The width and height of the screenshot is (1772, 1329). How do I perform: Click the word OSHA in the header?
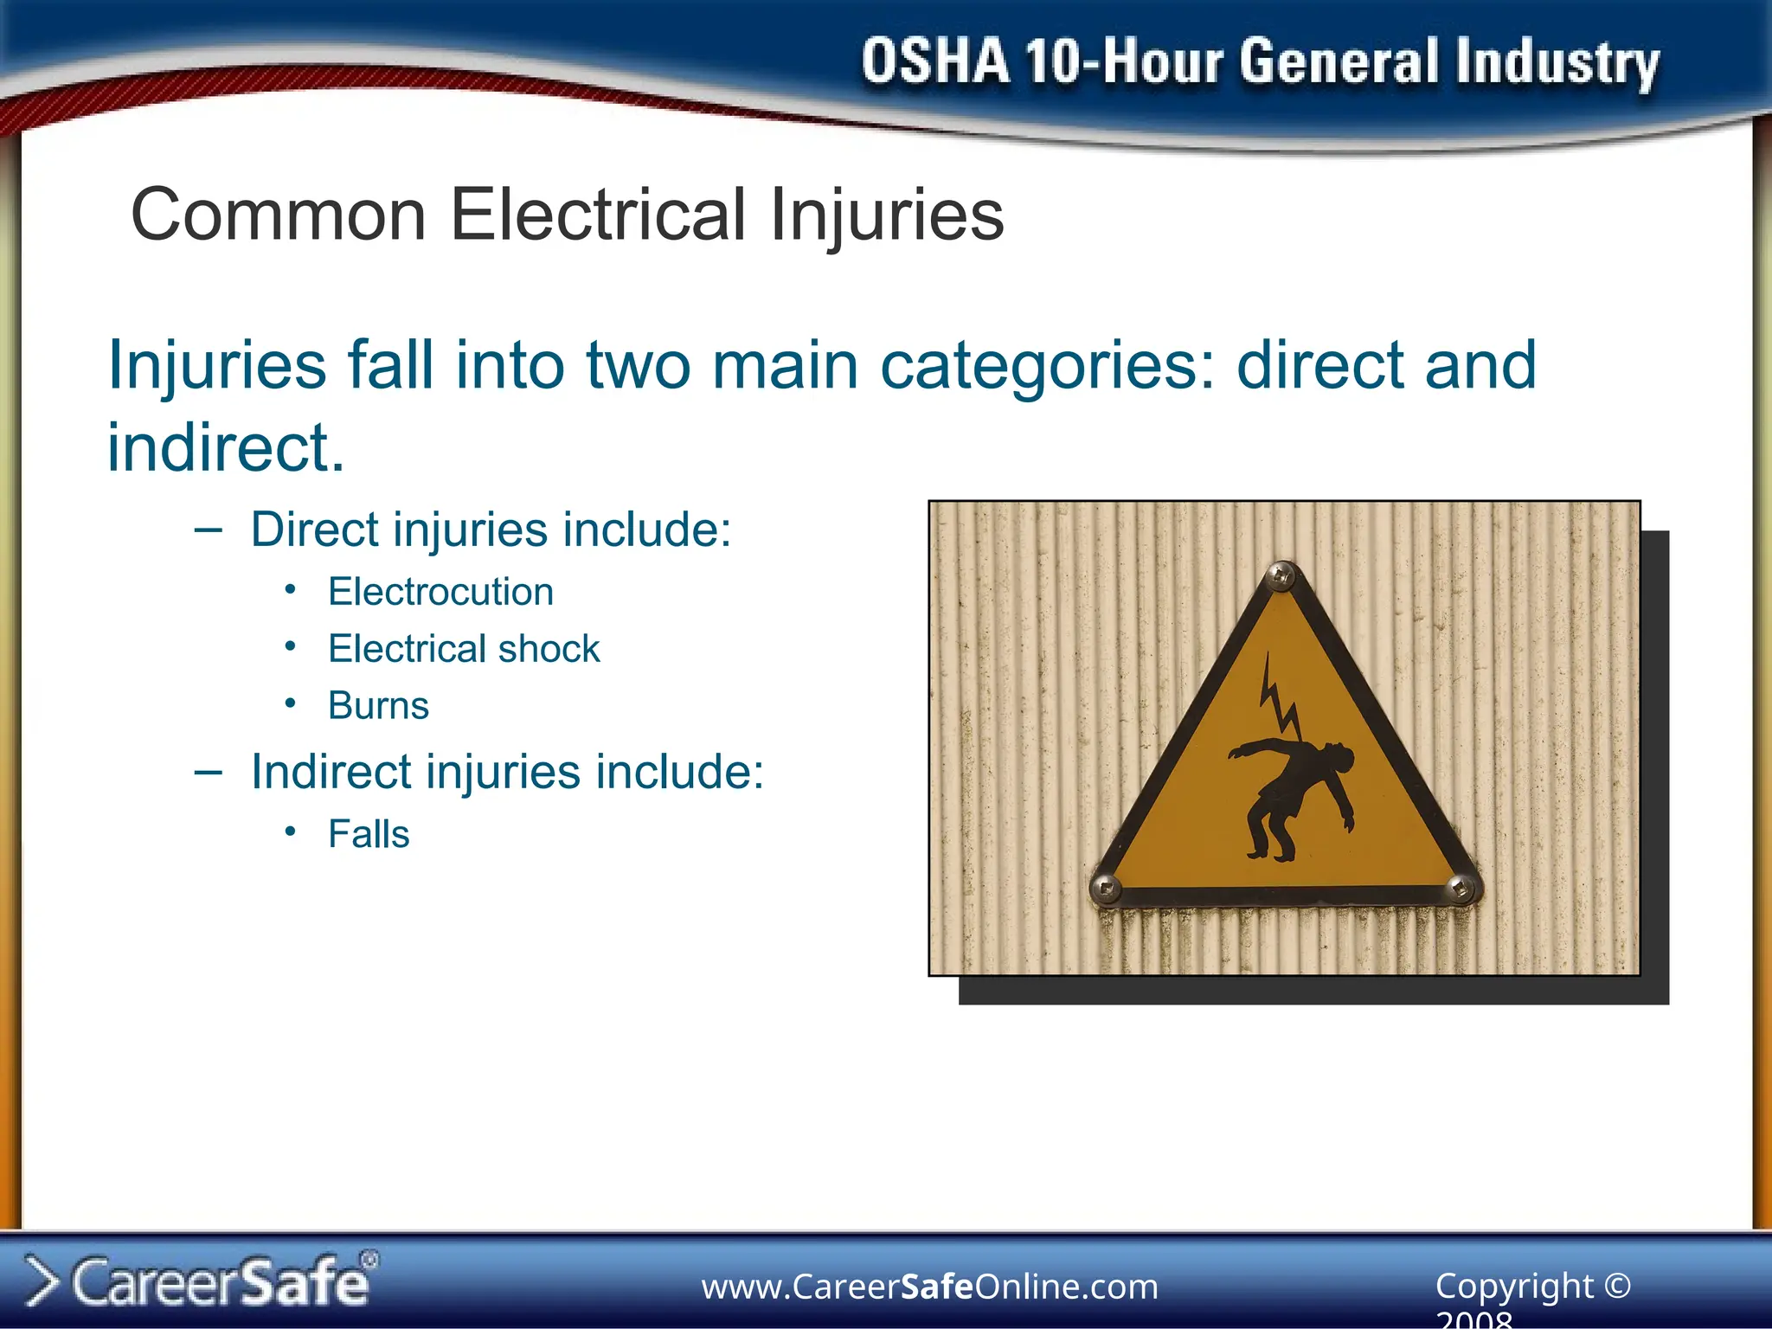(x=934, y=62)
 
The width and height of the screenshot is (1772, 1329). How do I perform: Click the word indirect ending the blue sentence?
(x=225, y=448)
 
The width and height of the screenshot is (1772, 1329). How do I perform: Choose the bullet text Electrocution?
(x=440, y=593)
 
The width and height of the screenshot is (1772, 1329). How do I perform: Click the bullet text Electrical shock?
(x=464, y=649)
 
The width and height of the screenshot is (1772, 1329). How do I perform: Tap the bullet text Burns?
(x=378, y=706)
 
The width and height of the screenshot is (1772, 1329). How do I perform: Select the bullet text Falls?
(x=369, y=835)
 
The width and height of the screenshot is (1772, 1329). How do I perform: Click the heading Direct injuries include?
(x=491, y=530)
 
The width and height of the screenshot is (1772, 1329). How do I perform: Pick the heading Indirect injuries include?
(x=507, y=772)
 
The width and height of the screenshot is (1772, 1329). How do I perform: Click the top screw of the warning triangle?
(x=1281, y=575)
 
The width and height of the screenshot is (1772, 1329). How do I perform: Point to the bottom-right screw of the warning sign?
(x=1461, y=888)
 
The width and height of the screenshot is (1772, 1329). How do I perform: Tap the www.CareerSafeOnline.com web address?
(x=929, y=1287)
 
